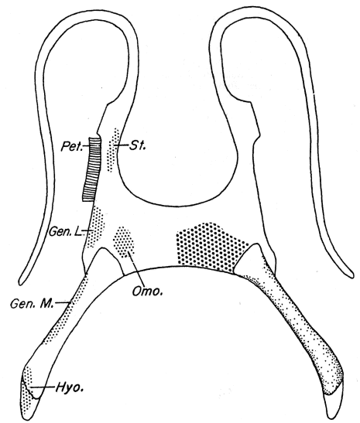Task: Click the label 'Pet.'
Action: click(71, 146)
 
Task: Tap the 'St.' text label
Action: click(138, 145)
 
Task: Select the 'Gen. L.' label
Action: click(65, 231)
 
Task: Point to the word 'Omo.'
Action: click(147, 291)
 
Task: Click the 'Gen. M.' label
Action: click(33, 304)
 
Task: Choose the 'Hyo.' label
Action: click(69, 388)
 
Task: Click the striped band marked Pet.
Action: click(92, 169)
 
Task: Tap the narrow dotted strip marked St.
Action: click(112, 150)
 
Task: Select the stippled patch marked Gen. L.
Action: click(95, 226)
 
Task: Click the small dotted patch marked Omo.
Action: click(123, 241)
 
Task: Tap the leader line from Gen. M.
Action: click(62, 302)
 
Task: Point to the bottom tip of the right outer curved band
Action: click(351, 276)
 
